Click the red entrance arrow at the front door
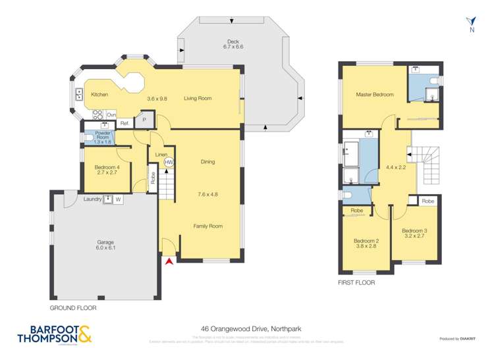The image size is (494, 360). click(x=169, y=262)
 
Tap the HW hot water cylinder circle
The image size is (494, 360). click(x=169, y=162)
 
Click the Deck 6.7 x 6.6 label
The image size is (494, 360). click(x=233, y=44)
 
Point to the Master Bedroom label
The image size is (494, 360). click(x=374, y=95)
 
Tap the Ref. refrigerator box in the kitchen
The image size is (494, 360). click(x=124, y=123)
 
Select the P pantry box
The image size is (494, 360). click(x=144, y=120)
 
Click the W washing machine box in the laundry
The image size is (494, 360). click(x=119, y=199)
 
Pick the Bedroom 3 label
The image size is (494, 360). click(x=414, y=234)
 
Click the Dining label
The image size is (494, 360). click(x=207, y=161)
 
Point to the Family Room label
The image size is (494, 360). click(x=207, y=226)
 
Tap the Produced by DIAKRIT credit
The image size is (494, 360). click(x=459, y=339)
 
